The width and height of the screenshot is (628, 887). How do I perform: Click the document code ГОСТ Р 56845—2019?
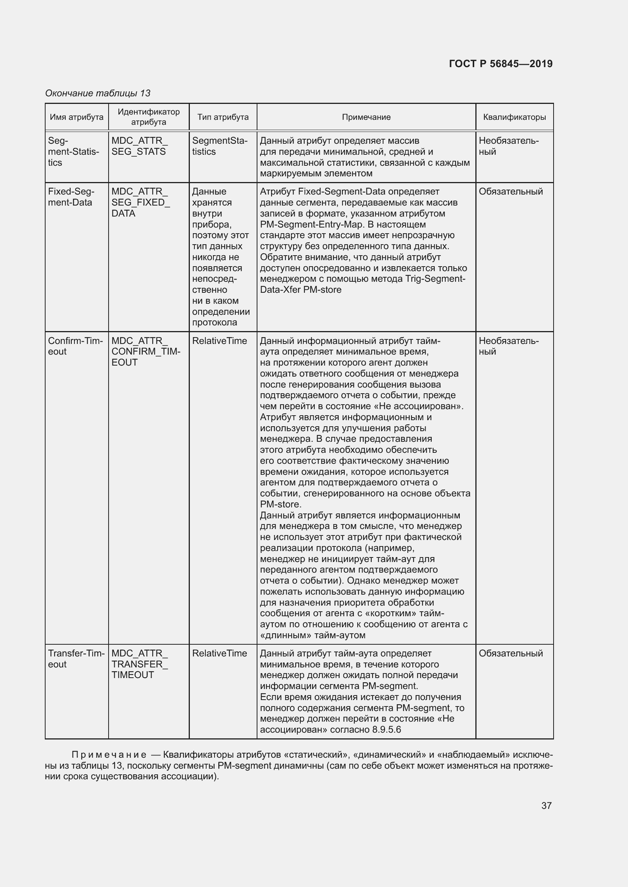click(501, 64)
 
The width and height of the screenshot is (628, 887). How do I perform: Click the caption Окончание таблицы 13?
click(98, 93)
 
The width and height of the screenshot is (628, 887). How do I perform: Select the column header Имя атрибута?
click(77, 117)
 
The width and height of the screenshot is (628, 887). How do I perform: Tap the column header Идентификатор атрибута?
click(148, 117)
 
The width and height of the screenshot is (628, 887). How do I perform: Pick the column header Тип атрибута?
click(223, 117)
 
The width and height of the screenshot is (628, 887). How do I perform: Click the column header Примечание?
click(366, 117)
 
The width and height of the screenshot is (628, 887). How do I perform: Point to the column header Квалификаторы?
click(514, 117)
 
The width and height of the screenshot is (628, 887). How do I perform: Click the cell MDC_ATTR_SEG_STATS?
click(139, 146)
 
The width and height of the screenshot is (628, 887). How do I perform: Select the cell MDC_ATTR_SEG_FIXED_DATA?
click(140, 203)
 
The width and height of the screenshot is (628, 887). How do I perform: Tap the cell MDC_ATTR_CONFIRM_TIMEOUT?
click(145, 352)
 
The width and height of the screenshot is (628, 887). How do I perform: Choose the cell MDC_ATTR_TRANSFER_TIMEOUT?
click(139, 664)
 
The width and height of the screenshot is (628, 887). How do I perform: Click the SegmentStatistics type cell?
click(219, 146)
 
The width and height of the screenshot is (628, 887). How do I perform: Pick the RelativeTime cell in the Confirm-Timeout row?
click(219, 341)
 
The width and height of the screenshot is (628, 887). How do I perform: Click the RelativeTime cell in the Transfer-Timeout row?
click(219, 653)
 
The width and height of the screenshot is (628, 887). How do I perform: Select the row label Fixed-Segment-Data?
click(71, 197)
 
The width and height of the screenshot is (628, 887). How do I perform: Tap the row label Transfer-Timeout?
click(76, 658)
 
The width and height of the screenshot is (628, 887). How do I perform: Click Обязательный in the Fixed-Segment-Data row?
click(510, 192)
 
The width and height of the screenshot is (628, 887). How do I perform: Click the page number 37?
click(546, 805)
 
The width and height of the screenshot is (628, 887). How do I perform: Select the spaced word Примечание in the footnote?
click(109, 755)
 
